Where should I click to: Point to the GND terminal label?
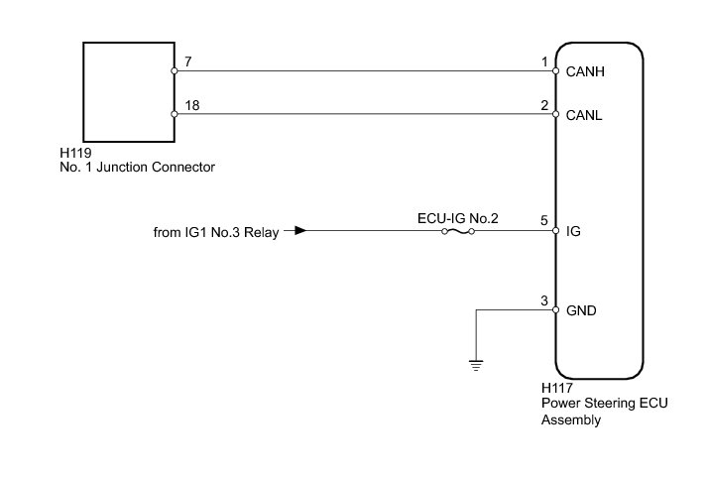tap(581, 309)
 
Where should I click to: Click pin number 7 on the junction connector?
tap(187, 62)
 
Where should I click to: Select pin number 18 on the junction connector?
tap(191, 105)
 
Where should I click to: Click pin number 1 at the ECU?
tap(543, 61)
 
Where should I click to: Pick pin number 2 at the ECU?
tap(543, 105)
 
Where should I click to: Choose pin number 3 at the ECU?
tap(543, 300)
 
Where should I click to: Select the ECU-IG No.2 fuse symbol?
tap(457, 232)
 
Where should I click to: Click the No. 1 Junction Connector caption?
tap(137, 168)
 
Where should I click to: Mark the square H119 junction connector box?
tap(128, 92)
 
